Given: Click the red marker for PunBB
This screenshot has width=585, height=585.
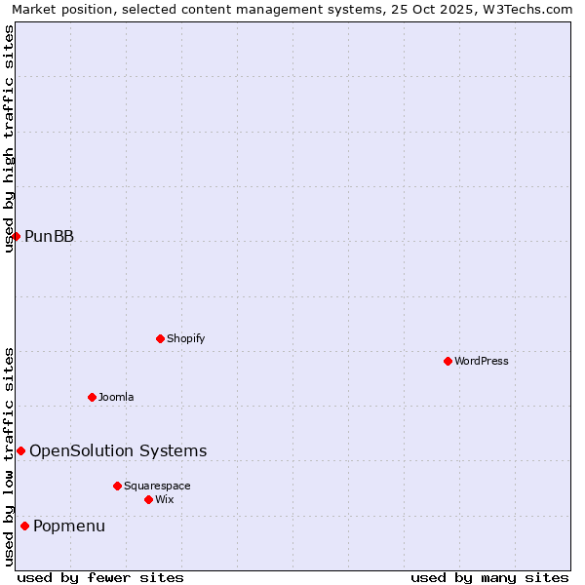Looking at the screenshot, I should [16, 236].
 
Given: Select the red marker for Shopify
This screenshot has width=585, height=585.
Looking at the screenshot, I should [160, 338].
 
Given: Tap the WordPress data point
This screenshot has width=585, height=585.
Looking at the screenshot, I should [448, 361].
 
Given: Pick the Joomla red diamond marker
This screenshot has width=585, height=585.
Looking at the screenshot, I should [92, 397].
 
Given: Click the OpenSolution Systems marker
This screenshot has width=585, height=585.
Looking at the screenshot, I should [20, 450].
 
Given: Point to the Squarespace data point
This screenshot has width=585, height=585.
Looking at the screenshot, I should [117, 486].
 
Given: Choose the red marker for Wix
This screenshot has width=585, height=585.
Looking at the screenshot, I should [148, 499].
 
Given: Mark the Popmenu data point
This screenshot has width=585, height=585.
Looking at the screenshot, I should [24, 526].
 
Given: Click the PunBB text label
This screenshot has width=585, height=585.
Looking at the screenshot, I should [49, 236].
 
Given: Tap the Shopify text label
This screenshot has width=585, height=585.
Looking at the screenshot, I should [185, 338].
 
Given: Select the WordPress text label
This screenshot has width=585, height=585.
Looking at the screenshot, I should [481, 361].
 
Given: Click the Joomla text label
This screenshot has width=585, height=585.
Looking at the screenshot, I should [116, 397].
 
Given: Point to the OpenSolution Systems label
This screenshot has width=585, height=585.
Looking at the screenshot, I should [118, 450].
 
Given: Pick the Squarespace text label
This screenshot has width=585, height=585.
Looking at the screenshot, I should [157, 486].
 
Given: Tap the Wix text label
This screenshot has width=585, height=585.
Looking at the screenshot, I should [164, 499].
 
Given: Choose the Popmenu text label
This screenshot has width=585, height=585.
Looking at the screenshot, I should [69, 526].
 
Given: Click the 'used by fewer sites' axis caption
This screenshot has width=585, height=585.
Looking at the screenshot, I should [100, 577].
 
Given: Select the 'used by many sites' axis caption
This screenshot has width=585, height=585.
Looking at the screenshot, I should [489, 577].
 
